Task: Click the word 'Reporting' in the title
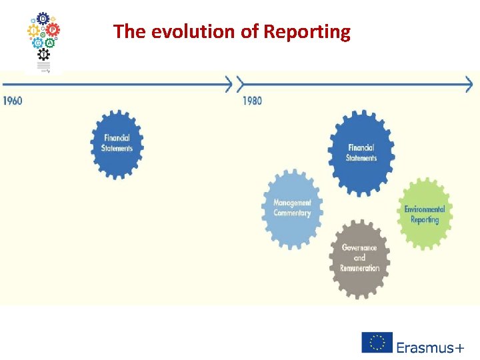tap(307, 31)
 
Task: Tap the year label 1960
tap(13, 101)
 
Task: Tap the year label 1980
tap(252, 101)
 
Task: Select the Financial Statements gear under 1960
tap(117, 143)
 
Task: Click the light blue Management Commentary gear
tap(292, 208)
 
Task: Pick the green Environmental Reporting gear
tap(425, 214)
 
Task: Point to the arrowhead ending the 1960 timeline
tap(229, 85)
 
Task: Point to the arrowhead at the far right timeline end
tap(468, 85)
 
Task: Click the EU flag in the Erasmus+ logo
tap(377, 342)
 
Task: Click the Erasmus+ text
tap(430, 347)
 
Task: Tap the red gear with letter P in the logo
tap(53, 30)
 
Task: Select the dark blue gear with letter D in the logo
tap(43, 18)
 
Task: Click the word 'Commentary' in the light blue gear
tap(292, 213)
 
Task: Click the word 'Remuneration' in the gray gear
tap(359, 268)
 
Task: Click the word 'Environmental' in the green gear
tap(425, 209)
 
